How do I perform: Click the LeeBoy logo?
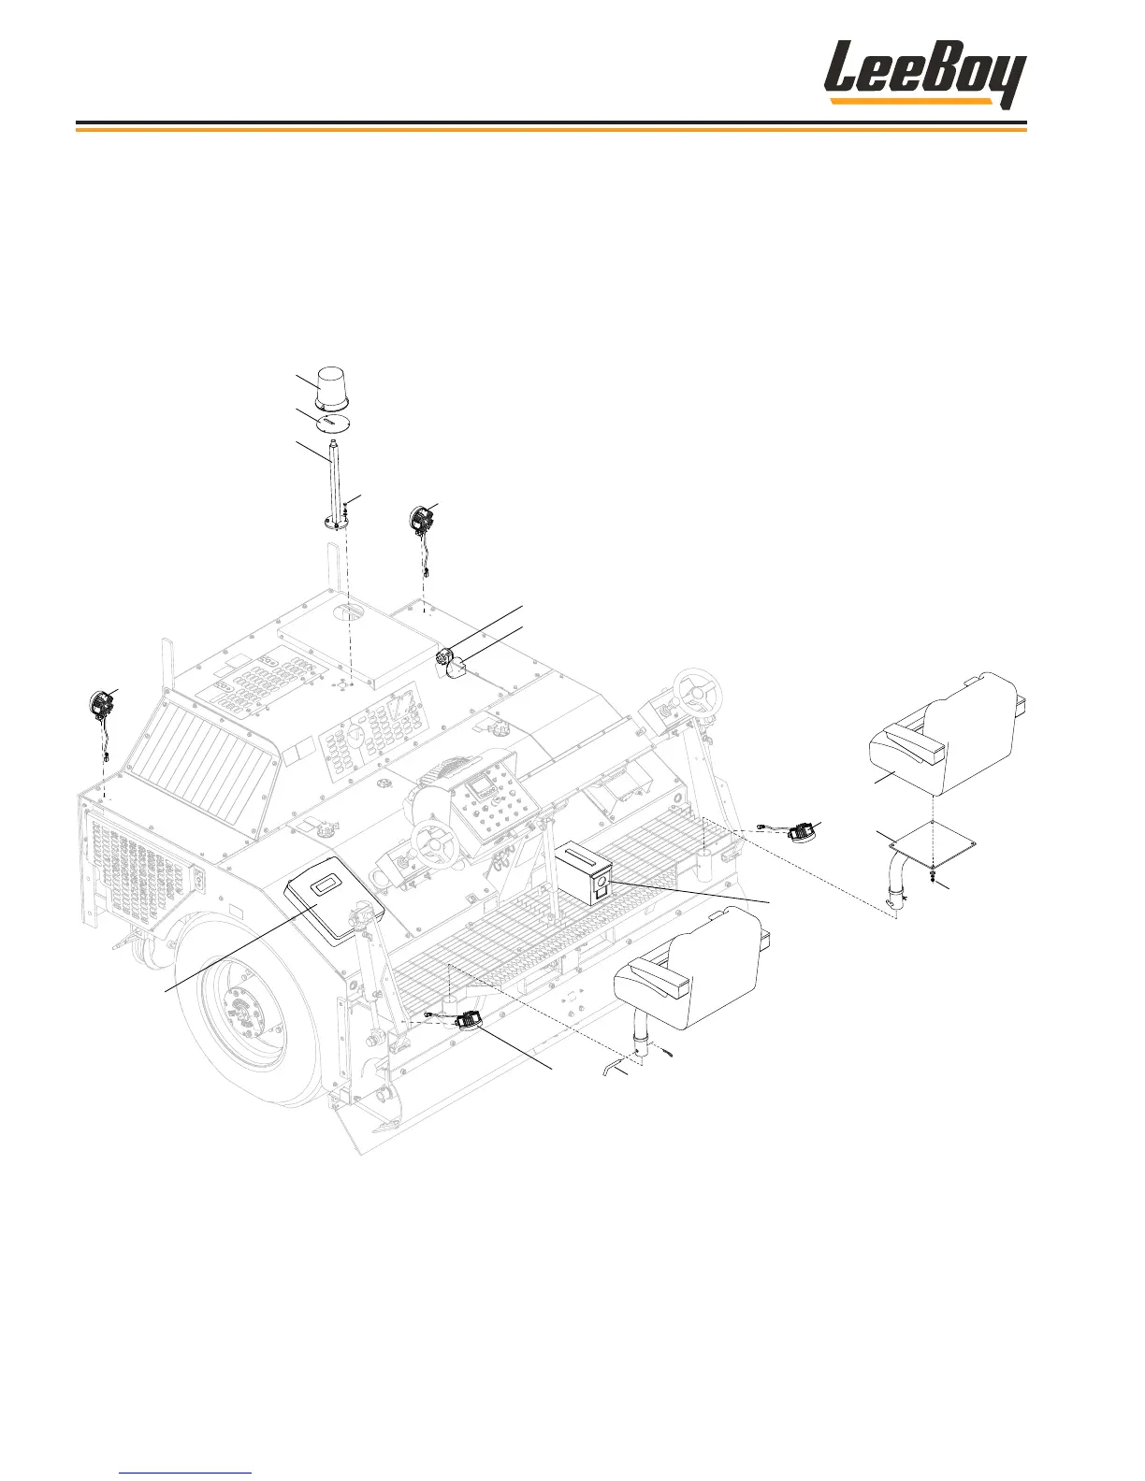click(x=925, y=74)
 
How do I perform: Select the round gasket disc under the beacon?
click(x=333, y=424)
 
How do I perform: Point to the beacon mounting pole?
click(x=335, y=485)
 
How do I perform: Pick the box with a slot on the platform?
click(x=585, y=871)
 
